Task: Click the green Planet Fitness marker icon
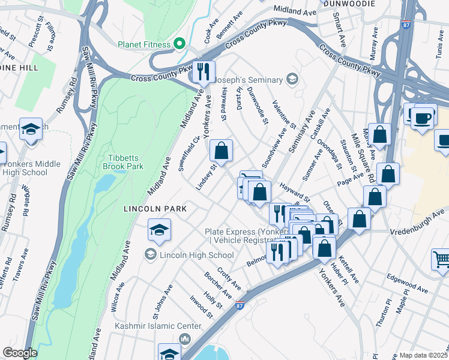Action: tap(178, 44)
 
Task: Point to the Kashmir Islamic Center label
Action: tap(150, 326)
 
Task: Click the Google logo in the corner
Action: tap(20, 353)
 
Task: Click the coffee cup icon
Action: tap(423, 116)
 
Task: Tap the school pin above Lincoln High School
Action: tap(159, 229)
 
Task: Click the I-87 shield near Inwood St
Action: tap(240, 305)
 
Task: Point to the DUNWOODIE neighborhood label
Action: tap(349, 4)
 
